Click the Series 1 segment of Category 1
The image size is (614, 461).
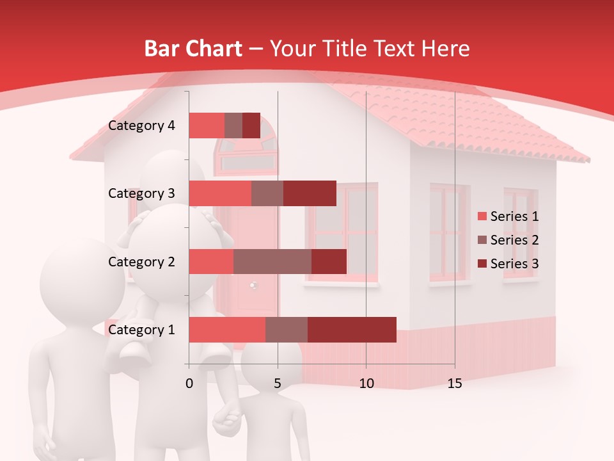click(x=226, y=330)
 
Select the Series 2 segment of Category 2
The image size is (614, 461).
click(x=272, y=261)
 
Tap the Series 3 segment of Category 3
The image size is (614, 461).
click(x=310, y=193)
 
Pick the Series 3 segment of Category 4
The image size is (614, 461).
click(x=251, y=125)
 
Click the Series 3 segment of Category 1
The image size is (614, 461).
click(x=352, y=330)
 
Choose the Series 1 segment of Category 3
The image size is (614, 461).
click(x=220, y=193)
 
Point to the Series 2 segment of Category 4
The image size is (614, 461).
click(x=233, y=125)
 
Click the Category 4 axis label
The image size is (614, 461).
click(x=141, y=125)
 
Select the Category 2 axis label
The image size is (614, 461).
click(x=141, y=261)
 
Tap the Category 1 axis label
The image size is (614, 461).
click(x=141, y=330)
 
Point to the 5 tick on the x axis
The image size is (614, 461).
click(x=278, y=384)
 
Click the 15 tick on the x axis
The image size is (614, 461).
click(x=454, y=384)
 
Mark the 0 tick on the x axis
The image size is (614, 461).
click(x=189, y=384)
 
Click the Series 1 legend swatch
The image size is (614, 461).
click(x=482, y=216)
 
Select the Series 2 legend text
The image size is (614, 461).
click(x=514, y=240)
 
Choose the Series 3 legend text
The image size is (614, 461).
click(x=514, y=264)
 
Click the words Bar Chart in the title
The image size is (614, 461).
click(x=193, y=49)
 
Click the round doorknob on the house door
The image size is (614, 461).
click(x=253, y=286)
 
